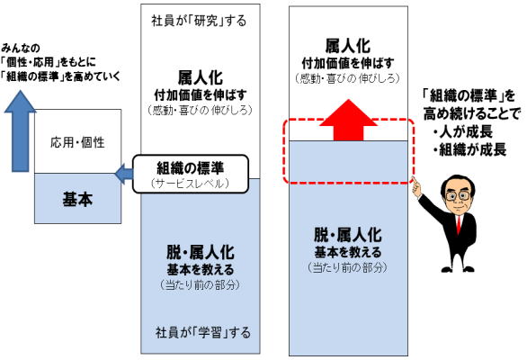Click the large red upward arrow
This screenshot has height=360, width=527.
[348, 121]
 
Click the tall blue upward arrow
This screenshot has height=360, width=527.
[20, 131]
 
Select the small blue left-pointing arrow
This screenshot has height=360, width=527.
[124, 174]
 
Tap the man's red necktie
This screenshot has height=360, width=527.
[459, 225]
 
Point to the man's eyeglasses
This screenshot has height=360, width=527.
[457, 195]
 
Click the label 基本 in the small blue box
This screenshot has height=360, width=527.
[77, 199]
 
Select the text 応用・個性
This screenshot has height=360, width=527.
[77, 142]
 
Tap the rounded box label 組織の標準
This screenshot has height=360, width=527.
[191, 167]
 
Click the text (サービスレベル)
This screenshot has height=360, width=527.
[191, 184]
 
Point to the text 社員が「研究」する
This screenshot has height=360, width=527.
[199, 21]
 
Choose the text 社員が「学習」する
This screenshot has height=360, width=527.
[203, 332]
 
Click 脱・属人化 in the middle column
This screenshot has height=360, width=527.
[201, 252]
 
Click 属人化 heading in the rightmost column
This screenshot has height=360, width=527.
[348, 46]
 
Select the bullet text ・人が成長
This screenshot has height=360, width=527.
[462, 131]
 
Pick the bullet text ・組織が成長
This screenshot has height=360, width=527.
[469, 149]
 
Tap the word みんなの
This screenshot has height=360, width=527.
[21, 48]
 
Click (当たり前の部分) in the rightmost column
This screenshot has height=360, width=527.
[348, 267]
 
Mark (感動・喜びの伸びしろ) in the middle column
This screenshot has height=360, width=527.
[201, 110]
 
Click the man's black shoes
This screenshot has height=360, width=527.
[458, 269]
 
